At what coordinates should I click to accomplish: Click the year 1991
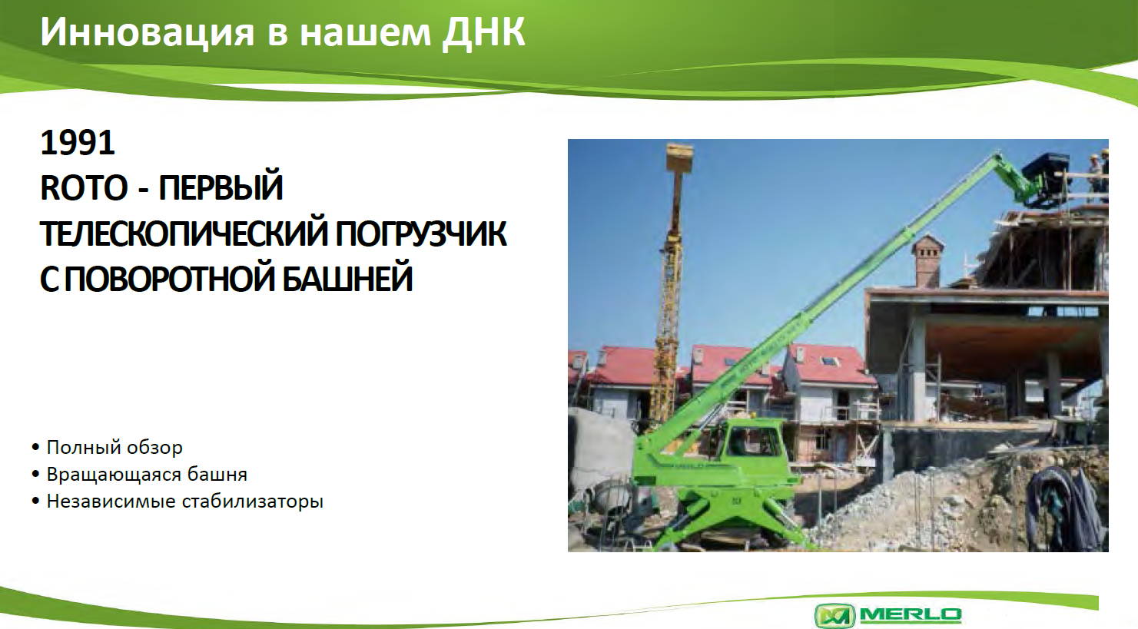tap(78, 143)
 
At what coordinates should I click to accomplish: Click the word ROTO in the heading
tap(84, 188)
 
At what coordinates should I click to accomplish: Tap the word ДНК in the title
tap(483, 32)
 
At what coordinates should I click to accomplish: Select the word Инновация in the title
tap(147, 32)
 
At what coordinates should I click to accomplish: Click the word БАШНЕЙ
tap(347, 279)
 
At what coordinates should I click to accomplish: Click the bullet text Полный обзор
tap(114, 448)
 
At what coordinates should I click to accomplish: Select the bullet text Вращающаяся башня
tap(147, 475)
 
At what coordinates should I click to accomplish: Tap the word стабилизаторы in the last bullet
tap(253, 502)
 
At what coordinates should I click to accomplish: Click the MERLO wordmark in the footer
tap(910, 615)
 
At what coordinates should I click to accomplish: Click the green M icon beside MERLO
tap(835, 616)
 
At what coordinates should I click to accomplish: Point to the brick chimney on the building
tap(927, 261)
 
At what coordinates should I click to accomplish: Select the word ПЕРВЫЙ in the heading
tap(221, 188)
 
